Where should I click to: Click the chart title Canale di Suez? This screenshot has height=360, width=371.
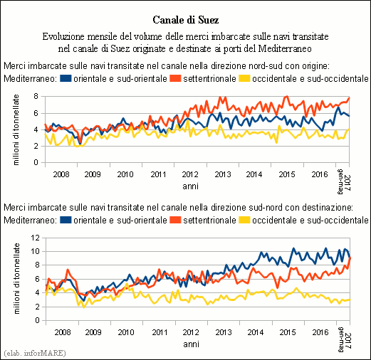[x=185, y=20]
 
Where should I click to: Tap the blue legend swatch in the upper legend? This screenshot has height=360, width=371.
[x=66, y=78]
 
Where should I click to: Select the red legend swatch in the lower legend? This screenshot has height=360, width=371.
[x=175, y=220]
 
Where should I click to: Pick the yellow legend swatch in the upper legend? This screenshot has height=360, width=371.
[x=244, y=78]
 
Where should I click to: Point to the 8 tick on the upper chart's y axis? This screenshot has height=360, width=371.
[x=36, y=97]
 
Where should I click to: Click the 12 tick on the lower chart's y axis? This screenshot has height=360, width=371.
[x=35, y=238]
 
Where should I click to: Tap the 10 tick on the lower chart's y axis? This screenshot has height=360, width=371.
[x=35, y=251]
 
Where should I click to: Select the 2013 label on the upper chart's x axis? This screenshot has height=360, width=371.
[x=223, y=174]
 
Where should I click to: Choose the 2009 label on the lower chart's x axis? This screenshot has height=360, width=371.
[x=93, y=332]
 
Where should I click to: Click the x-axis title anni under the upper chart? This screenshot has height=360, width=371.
[x=190, y=186]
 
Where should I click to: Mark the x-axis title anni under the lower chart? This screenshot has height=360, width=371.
[x=191, y=344]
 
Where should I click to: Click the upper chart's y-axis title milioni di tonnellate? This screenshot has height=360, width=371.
[x=16, y=129]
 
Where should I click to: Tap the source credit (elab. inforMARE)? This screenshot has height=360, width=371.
[x=35, y=353]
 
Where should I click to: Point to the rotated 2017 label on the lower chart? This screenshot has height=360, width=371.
[x=348, y=340]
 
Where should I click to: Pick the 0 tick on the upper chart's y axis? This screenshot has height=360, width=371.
[x=36, y=162]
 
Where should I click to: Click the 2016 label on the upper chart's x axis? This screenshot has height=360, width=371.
[x=320, y=174]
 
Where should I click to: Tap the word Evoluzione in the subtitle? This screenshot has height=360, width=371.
[x=63, y=37]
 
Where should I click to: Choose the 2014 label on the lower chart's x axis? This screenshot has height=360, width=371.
[x=256, y=332]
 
